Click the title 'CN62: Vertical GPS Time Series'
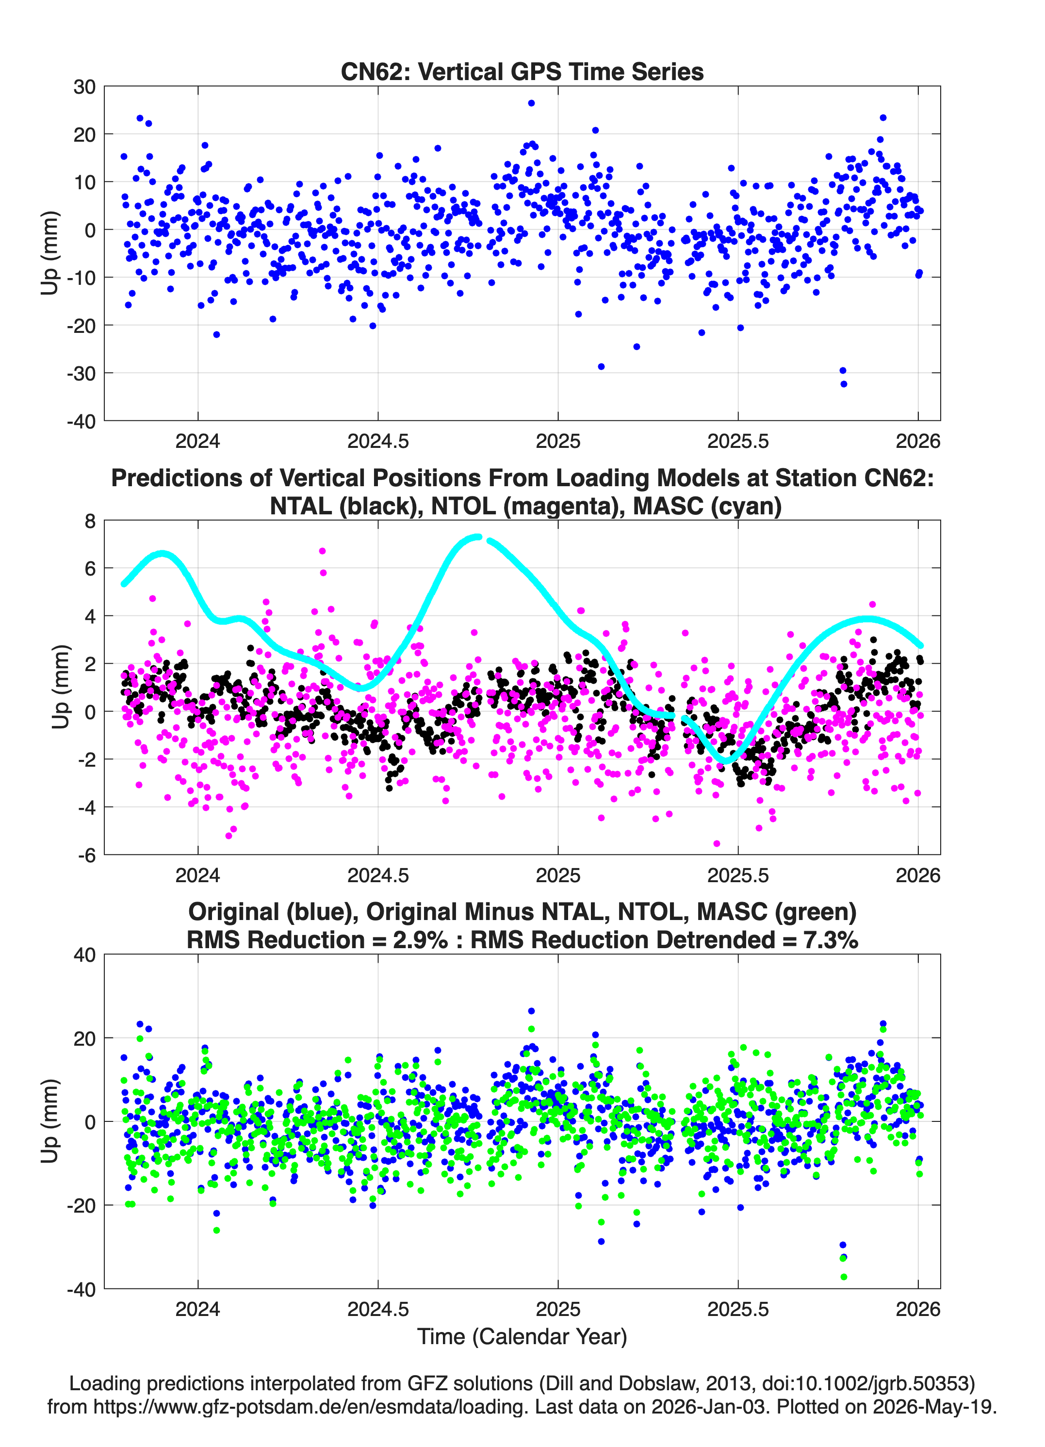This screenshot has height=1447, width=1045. pos(522,71)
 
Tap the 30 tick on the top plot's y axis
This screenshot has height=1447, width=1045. pos(84,87)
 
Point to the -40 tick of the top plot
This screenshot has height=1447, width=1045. pos(81,421)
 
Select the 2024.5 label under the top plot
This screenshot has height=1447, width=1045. pos(377,441)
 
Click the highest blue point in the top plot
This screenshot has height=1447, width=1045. pos(531,103)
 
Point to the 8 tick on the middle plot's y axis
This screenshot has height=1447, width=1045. pos(90,521)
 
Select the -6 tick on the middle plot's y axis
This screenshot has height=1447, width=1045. pos(87,855)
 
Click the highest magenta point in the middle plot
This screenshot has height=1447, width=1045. pos(322,551)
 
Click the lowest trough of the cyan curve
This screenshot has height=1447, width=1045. pos(726,760)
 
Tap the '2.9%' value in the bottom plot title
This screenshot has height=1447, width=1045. pos(420,940)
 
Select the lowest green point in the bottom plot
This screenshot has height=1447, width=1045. pos(843,1277)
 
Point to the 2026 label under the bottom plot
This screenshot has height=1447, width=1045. pos(918,1309)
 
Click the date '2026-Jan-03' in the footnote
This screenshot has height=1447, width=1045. pos(708,1407)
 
